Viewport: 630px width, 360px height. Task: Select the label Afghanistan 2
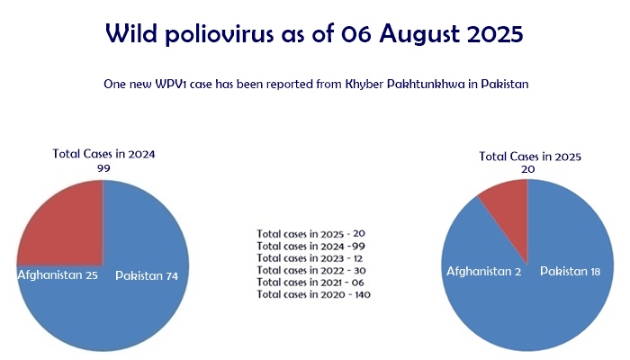[484, 271]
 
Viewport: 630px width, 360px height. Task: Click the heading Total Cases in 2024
[103, 154]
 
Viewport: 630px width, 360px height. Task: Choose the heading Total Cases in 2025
[530, 157]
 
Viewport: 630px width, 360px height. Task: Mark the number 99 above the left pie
[103, 167]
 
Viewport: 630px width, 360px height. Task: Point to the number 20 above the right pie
[529, 169]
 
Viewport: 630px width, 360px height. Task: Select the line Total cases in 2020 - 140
[314, 294]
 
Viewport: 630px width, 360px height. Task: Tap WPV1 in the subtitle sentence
[175, 84]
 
